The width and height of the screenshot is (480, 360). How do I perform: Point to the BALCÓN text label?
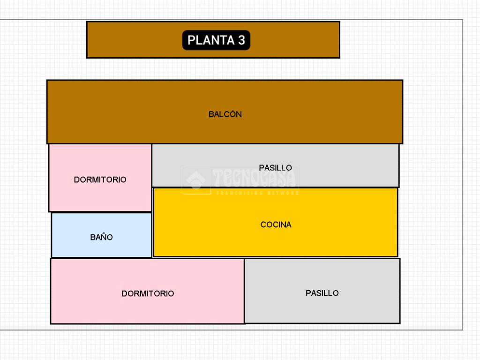tap(225, 114)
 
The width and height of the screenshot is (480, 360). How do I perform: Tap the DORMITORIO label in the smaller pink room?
tap(100, 180)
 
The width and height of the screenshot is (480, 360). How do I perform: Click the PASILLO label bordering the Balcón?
tap(275, 168)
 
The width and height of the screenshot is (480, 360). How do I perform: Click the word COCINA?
tap(276, 225)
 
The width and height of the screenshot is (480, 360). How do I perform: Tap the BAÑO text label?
tap(101, 237)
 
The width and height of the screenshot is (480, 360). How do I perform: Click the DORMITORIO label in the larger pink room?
tap(148, 293)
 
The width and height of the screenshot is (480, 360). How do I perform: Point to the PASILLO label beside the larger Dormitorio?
tap(322, 293)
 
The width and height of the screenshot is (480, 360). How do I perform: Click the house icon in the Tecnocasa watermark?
tap(196, 180)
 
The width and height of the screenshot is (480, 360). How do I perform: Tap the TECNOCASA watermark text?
tap(255, 178)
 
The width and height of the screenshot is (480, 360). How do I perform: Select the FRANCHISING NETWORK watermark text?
tap(257, 193)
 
